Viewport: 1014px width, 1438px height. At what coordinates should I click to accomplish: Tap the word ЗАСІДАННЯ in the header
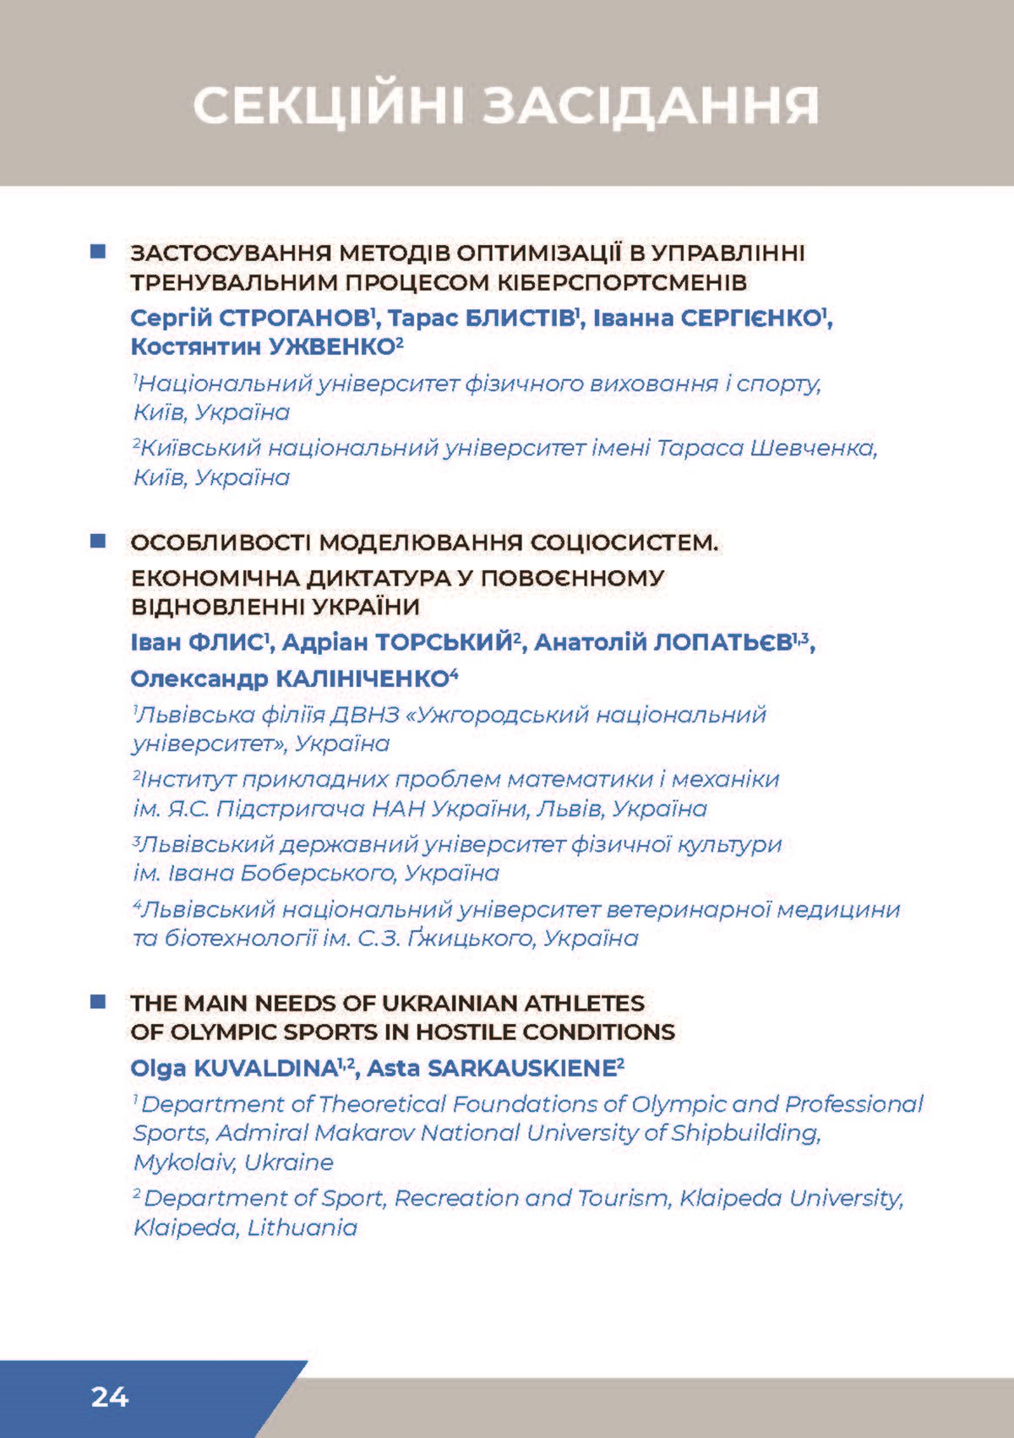click(x=651, y=106)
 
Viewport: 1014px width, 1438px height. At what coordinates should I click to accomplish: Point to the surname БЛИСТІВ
click(x=520, y=319)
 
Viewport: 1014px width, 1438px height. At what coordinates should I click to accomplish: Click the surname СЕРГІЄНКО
click(x=751, y=319)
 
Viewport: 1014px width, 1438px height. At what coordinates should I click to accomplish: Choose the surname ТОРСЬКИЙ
click(x=444, y=643)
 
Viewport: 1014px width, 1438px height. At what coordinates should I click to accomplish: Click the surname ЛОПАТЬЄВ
click(x=722, y=643)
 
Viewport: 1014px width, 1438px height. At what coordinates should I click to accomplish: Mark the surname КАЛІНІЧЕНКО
click(x=363, y=678)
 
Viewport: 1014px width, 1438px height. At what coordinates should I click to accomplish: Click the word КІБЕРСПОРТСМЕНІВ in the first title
click(x=621, y=282)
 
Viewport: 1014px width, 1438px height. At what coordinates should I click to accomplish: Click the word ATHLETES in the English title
click(x=584, y=1003)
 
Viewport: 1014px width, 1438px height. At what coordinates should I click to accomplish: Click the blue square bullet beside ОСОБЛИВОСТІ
click(x=98, y=541)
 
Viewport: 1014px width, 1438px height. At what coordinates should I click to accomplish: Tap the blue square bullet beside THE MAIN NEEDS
click(x=98, y=1002)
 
